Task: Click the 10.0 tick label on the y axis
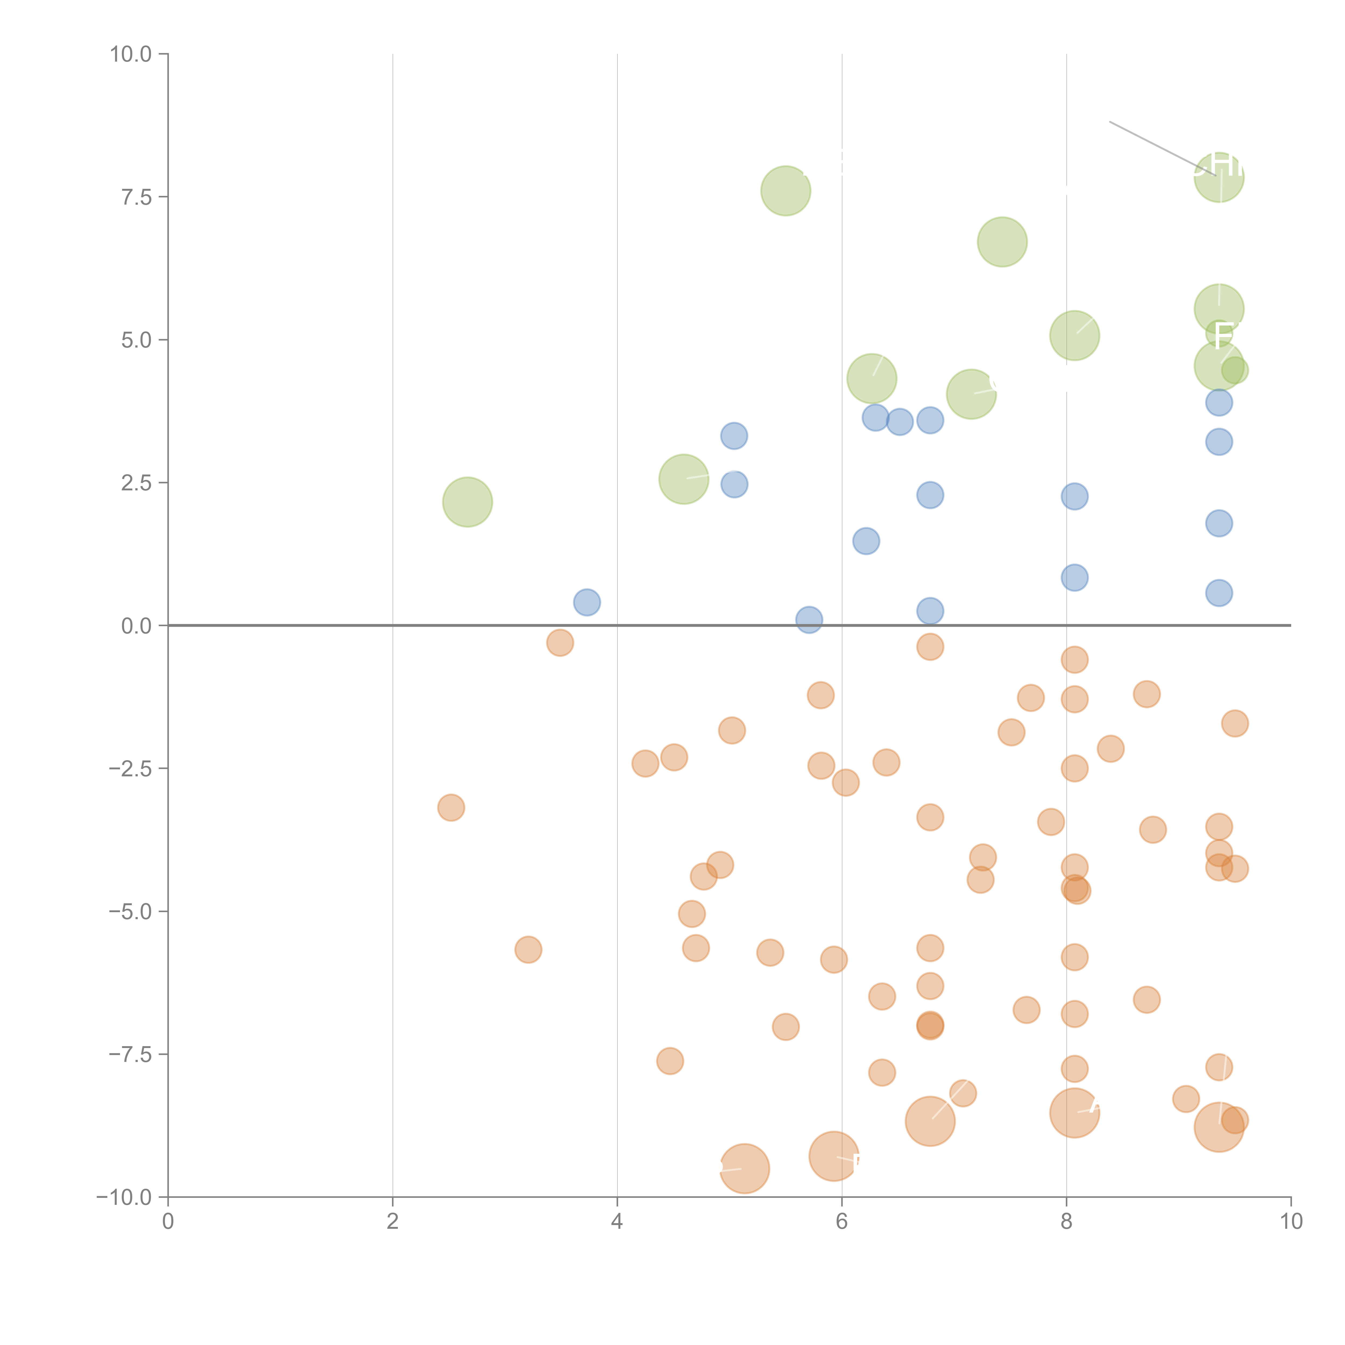[131, 54]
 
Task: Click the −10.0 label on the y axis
[125, 1197]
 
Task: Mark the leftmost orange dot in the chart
[451, 808]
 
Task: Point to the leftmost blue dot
[587, 602]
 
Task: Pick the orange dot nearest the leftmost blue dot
[560, 643]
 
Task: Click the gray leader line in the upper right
[1156, 146]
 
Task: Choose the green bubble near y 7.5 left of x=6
[785, 191]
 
